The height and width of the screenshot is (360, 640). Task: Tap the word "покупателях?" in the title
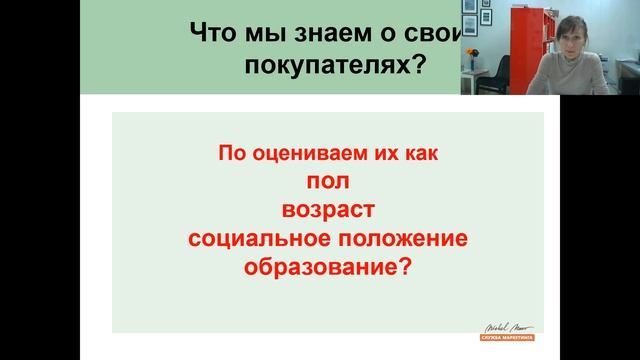[x=329, y=67]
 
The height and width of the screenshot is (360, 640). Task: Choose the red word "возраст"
[x=328, y=211]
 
